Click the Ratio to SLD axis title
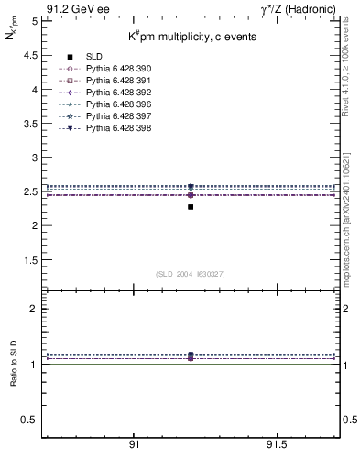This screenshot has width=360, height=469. pos(14,364)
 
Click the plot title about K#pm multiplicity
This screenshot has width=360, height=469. pos(191,37)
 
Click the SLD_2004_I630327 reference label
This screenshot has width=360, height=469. pos(191,274)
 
